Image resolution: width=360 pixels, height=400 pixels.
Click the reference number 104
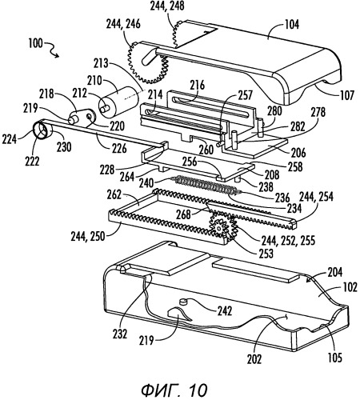[x=292, y=25]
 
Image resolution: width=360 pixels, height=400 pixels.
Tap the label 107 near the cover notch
[x=347, y=95]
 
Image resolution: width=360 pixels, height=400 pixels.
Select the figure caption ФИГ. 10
[x=174, y=390]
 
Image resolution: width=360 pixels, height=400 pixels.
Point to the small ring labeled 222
[x=42, y=130]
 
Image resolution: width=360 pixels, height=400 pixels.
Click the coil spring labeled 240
[x=206, y=185]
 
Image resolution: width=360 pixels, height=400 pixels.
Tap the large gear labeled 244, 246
[x=148, y=63]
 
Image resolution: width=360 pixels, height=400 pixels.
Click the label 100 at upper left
[x=35, y=43]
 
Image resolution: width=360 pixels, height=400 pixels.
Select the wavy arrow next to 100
[x=52, y=50]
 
